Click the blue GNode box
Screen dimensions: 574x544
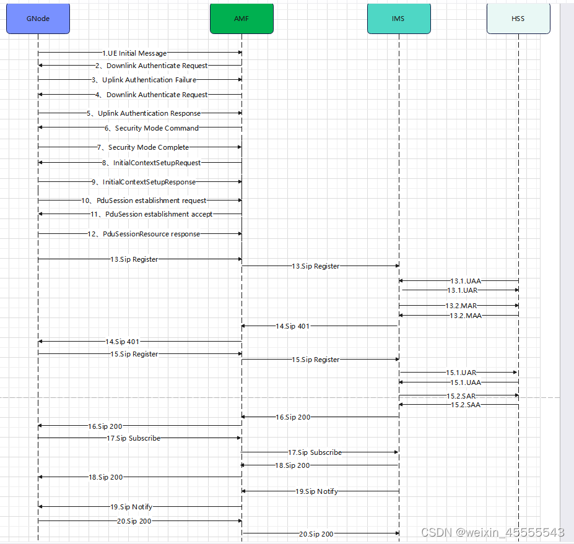[38, 19]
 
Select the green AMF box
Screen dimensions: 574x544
[241, 19]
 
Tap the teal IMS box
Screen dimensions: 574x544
[398, 19]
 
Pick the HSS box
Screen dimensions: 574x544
[518, 19]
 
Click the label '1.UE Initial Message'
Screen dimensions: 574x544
[134, 53]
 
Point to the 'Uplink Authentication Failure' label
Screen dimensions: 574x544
[144, 80]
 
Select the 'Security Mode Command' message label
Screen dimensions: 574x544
[152, 128]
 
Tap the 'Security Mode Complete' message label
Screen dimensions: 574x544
[143, 147]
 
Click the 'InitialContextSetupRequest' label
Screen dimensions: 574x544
[152, 163]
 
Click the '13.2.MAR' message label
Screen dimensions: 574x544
[461, 306]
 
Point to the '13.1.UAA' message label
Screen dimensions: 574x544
[466, 281]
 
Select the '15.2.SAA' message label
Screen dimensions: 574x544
[466, 405]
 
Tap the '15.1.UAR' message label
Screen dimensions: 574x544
[461, 373]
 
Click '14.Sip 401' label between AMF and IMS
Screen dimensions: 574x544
[293, 326]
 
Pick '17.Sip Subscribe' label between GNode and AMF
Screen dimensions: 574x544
[133, 438]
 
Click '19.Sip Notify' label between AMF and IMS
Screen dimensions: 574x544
[317, 491]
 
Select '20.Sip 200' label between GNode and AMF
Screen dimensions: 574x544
[134, 521]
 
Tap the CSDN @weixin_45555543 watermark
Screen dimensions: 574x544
[492, 532]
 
